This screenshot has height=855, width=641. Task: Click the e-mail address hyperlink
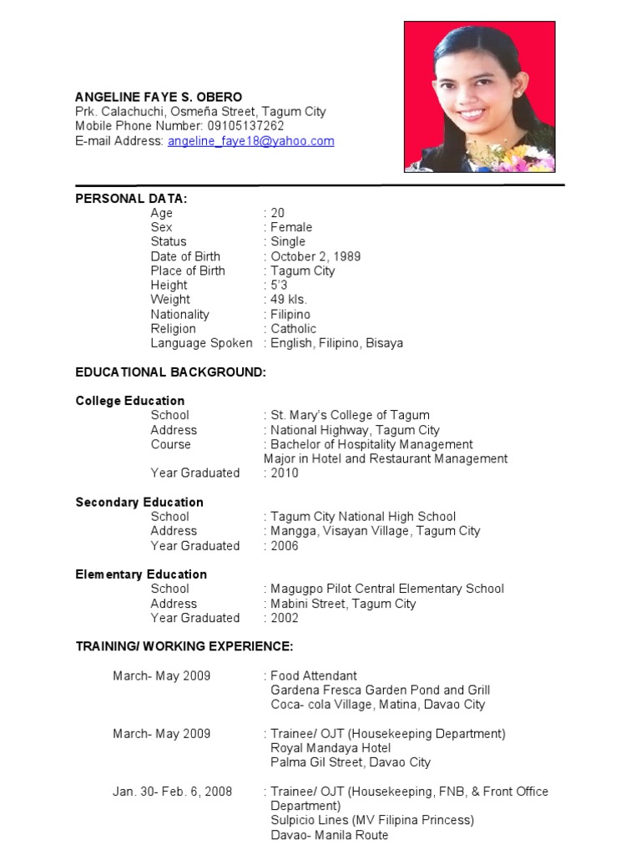pyautogui.click(x=250, y=141)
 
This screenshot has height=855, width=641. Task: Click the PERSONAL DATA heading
pyautogui.click(x=131, y=198)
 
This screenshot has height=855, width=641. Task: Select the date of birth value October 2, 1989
pyautogui.click(x=315, y=256)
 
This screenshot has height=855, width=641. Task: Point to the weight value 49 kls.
pyautogui.click(x=289, y=299)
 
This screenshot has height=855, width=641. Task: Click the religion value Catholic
pyautogui.click(x=293, y=328)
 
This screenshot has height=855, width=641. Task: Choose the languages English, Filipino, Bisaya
pyautogui.click(x=336, y=343)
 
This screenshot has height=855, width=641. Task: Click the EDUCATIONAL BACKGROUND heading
pyautogui.click(x=170, y=372)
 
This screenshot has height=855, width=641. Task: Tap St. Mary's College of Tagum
pyautogui.click(x=350, y=415)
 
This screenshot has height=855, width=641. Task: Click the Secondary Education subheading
pyautogui.click(x=139, y=502)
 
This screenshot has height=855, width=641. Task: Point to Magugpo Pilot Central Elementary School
pyautogui.click(x=386, y=589)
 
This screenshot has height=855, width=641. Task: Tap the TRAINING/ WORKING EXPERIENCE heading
pyautogui.click(x=184, y=646)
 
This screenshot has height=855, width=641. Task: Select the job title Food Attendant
pyautogui.click(x=313, y=675)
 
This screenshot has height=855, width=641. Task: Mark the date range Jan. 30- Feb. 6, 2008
pyautogui.click(x=173, y=791)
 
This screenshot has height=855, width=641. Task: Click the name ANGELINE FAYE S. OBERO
pyautogui.click(x=159, y=97)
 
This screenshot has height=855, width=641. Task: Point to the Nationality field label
pyautogui.click(x=179, y=314)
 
